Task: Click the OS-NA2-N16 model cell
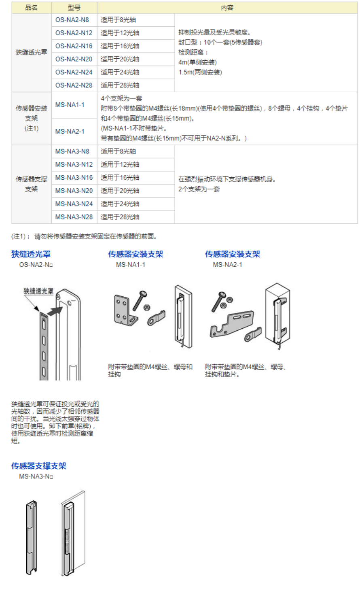click(74, 46)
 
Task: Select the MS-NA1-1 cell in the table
click(70, 105)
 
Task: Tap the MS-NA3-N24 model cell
click(74, 204)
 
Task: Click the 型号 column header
click(74, 8)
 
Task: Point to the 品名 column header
click(31, 8)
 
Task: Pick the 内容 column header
click(227, 8)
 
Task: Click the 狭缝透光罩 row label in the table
click(31, 52)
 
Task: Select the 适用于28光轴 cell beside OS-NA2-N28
click(120, 85)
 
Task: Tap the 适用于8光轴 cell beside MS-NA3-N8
click(118, 151)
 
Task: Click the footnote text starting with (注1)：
click(84, 236)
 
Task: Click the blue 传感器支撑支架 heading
click(38, 466)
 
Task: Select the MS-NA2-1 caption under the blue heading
click(227, 265)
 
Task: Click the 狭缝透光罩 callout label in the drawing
click(38, 291)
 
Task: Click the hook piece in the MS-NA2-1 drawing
click(253, 334)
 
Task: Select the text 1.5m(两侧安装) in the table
click(200, 72)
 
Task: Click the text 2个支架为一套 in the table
click(199, 189)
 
